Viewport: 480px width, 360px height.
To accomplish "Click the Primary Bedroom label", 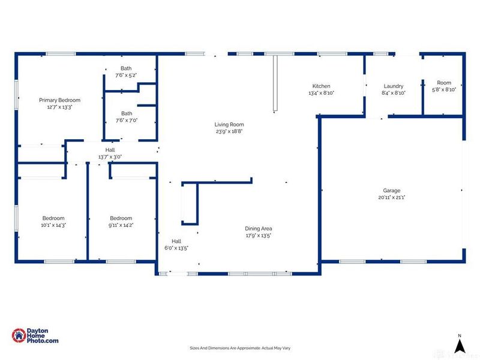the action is pyautogui.click(x=59, y=100).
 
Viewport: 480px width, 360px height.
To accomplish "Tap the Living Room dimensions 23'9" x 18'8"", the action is pyautogui.click(x=229, y=131).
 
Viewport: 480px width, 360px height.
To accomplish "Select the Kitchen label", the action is pyautogui.click(x=321, y=86).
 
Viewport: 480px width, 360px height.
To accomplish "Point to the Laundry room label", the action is pyautogui.click(x=394, y=86).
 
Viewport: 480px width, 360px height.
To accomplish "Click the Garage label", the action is pyautogui.click(x=392, y=190).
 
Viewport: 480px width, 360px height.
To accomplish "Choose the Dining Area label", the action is pyautogui.click(x=259, y=229).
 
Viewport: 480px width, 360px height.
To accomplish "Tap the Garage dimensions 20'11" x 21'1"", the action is pyautogui.click(x=392, y=197).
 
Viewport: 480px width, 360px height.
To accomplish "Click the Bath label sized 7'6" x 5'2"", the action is pyautogui.click(x=126, y=68).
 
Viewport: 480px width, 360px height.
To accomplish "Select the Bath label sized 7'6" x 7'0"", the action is pyautogui.click(x=127, y=113).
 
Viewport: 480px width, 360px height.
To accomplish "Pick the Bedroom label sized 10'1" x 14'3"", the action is pyautogui.click(x=53, y=218).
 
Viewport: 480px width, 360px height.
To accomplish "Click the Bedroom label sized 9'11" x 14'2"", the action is pyautogui.click(x=121, y=218).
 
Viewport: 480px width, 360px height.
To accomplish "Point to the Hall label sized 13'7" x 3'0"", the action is pyautogui.click(x=110, y=149).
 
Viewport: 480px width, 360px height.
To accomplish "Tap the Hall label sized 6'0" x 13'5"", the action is pyautogui.click(x=176, y=241).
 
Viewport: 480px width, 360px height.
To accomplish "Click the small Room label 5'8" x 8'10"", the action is pyautogui.click(x=444, y=83).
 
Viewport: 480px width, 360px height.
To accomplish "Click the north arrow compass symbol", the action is pyautogui.click(x=460, y=346).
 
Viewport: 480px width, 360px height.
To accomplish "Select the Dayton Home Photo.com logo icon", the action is pyautogui.click(x=19, y=335).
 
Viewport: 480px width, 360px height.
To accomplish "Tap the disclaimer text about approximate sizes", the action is pyautogui.click(x=240, y=348).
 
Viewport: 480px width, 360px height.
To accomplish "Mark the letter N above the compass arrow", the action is pyautogui.click(x=460, y=336).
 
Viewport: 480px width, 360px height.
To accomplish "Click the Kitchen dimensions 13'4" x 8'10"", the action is pyautogui.click(x=322, y=93).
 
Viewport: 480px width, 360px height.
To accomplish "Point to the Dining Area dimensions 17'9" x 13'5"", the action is pyautogui.click(x=259, y=235).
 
